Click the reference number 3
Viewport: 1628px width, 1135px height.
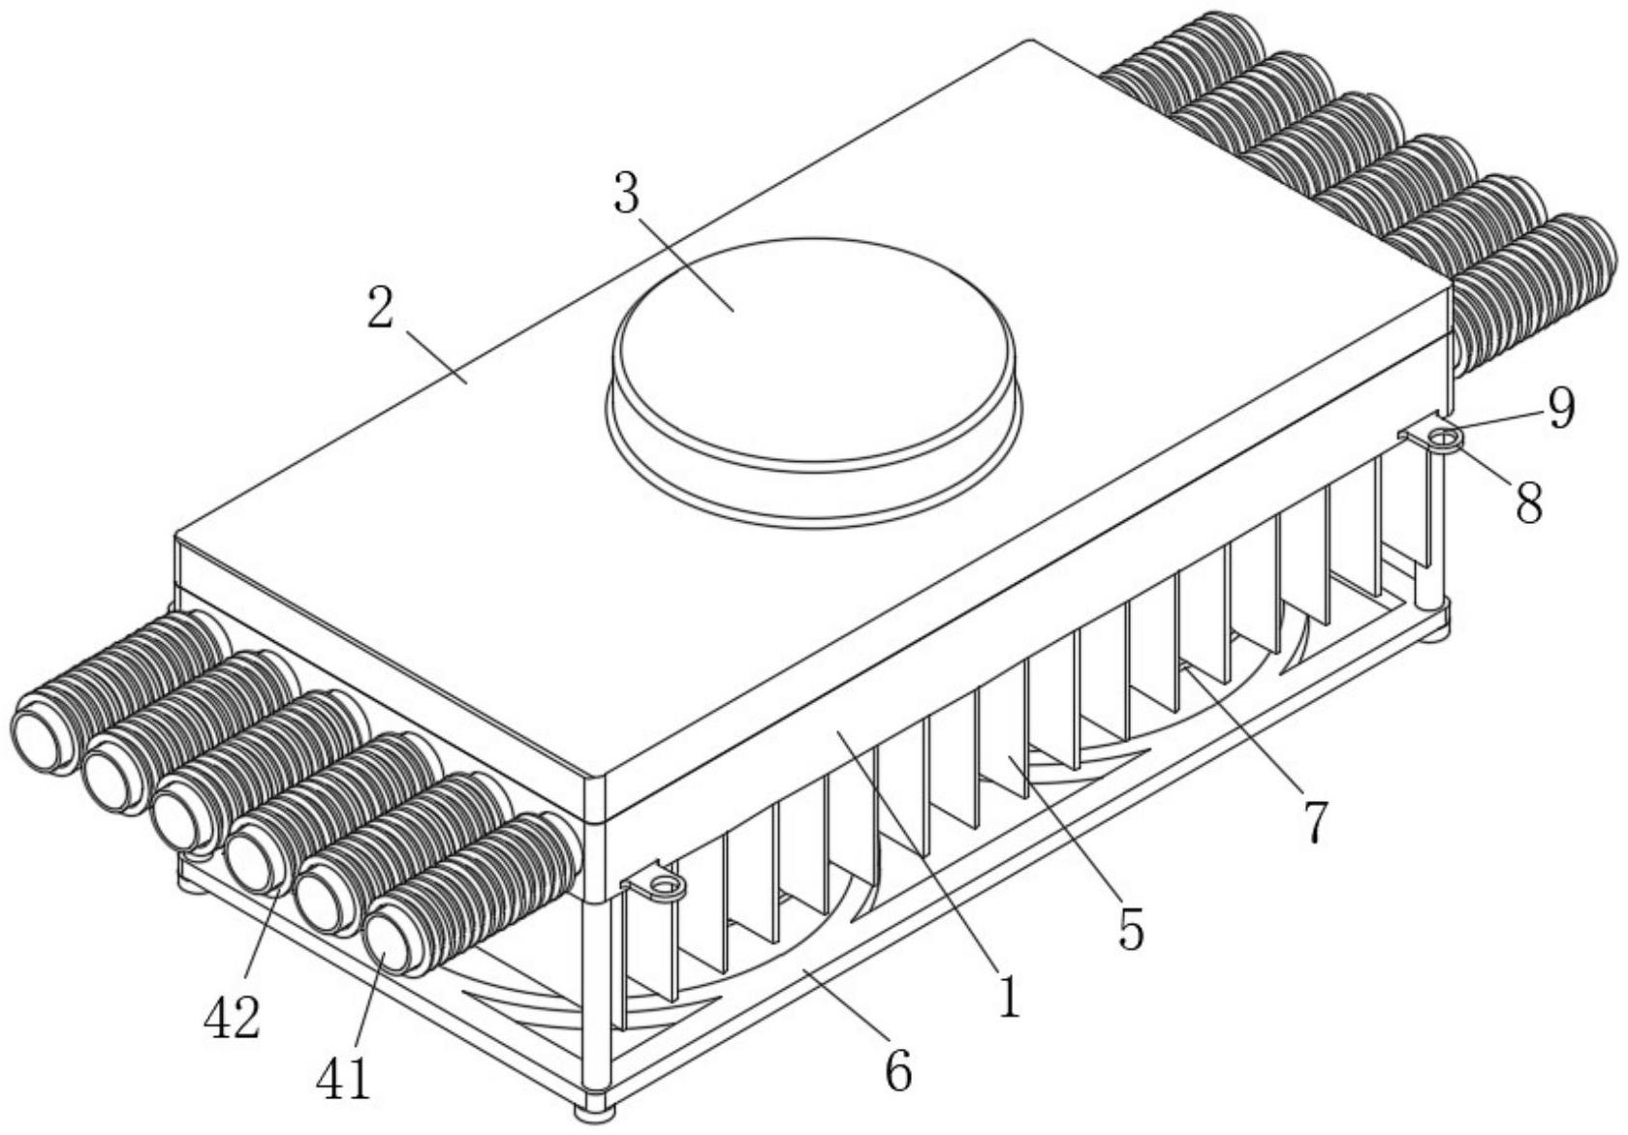click(626, 193)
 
